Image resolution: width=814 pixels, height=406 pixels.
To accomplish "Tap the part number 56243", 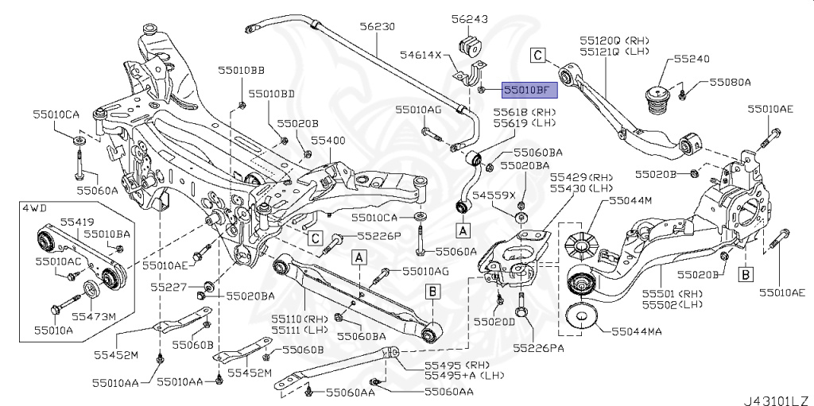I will pyautogui.click(x=470, y=18).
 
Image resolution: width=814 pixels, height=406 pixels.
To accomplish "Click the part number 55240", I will pyautogui.click(x=692, y=59).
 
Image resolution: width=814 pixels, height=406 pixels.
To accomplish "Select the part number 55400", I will pyautogui.click(x=328, y=139).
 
